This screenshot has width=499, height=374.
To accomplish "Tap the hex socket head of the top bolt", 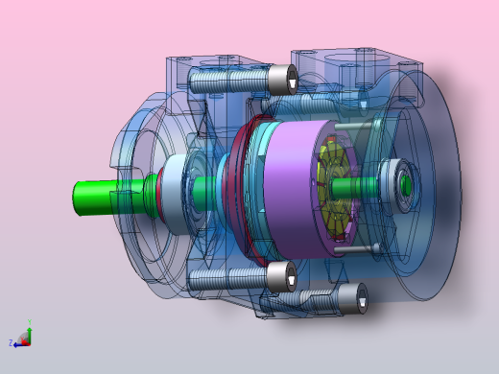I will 281,78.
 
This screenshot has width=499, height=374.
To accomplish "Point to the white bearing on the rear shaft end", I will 394,180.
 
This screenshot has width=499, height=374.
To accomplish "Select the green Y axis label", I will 29,322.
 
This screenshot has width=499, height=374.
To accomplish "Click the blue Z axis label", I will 11,342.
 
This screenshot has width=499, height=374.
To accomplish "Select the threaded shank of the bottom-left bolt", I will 226,279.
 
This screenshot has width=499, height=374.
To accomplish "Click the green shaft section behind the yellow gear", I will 361,183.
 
